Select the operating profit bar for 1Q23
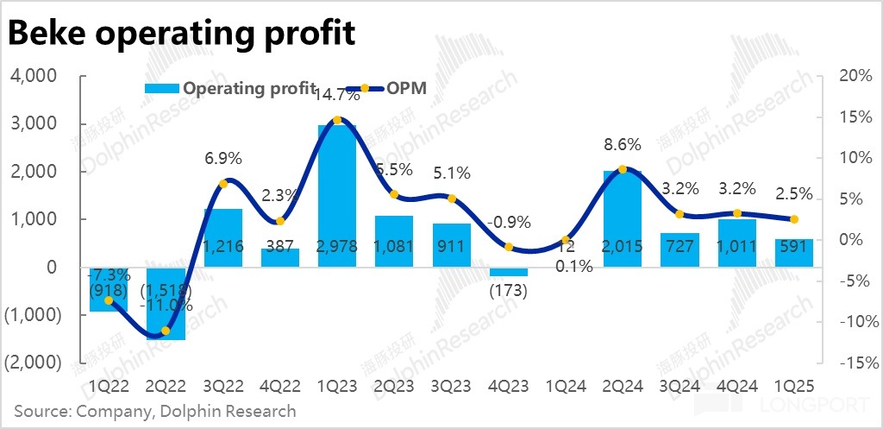coord(337,195)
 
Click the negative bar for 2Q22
coord(166,302)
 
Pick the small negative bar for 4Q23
coord(508,272)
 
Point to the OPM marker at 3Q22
coord(223,183)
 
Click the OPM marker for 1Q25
coord(793,219)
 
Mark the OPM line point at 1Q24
coord(566,240)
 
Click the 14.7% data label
coord(337,96)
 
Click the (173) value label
coord(507,292)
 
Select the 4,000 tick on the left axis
coord(34,76)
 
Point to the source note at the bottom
coord(155,411)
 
